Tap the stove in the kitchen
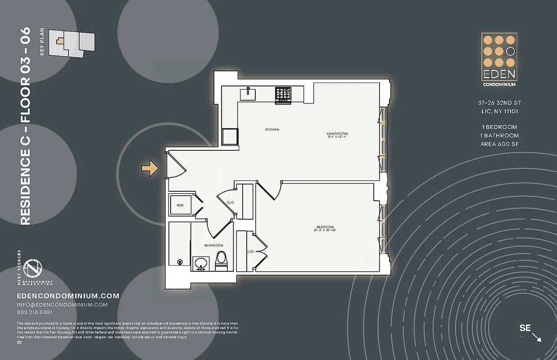(x=283, y=94)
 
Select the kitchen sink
(x=248, y=94)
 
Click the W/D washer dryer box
(x=180, y=205)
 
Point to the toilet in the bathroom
(x=221, y=261)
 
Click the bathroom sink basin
(x=200, y=263)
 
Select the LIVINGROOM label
(x=337, y=134)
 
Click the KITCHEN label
(x=272, y=130)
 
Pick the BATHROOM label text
(x=213, y=245)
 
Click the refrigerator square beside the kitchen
(x=230, y=136)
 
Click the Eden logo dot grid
(x=499, y=51)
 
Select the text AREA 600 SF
(x=499, y=144)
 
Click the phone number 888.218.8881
(x=34, y=312)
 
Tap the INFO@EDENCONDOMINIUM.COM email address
(x=62, y=305)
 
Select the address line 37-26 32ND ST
(x=499, y=103)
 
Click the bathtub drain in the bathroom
(x=180, y=262)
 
